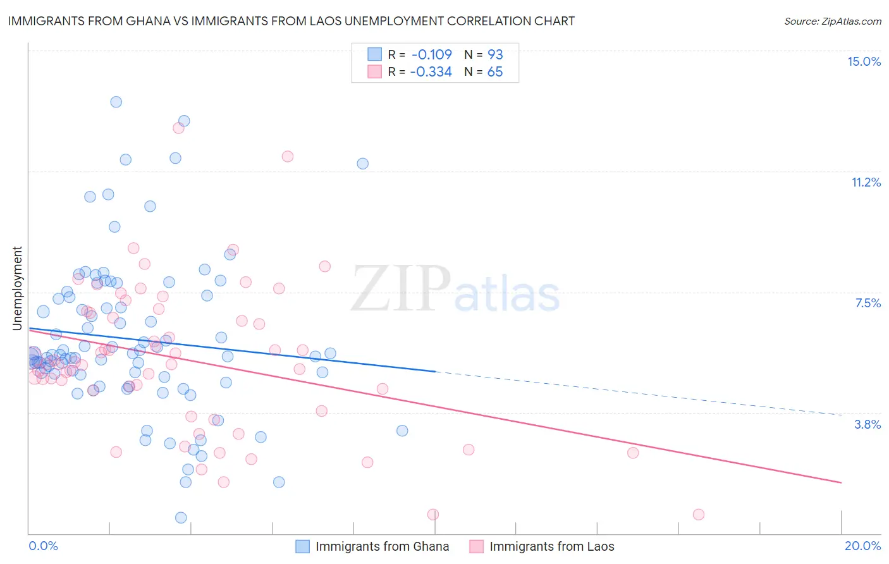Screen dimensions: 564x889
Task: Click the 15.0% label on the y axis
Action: point(864,61)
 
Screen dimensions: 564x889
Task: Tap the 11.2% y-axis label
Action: point(866,182)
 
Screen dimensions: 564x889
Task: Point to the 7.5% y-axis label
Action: point(868,303)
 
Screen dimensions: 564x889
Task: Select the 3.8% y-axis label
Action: point(868,424)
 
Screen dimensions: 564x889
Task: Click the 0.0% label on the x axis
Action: point(43,546)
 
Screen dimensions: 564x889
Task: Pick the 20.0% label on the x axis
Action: point(862,546)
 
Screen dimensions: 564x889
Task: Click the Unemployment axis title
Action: point(17,288)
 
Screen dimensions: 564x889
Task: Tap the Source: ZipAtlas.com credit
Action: point(832,21)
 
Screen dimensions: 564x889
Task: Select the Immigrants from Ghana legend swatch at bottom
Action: point(303,546)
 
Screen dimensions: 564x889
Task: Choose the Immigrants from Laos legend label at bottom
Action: point(551,546)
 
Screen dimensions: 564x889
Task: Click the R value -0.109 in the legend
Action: point(431,54)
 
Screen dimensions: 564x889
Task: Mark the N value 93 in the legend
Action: point(495,54)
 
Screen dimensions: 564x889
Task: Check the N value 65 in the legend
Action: point(495,72)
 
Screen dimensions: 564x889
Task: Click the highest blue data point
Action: point(116,102)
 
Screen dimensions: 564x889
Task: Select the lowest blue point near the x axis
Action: point(181,518)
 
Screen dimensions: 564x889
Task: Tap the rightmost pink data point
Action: point(699,515)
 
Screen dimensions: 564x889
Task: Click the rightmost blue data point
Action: point(402,431)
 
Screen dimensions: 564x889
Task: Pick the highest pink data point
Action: point(178,128)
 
